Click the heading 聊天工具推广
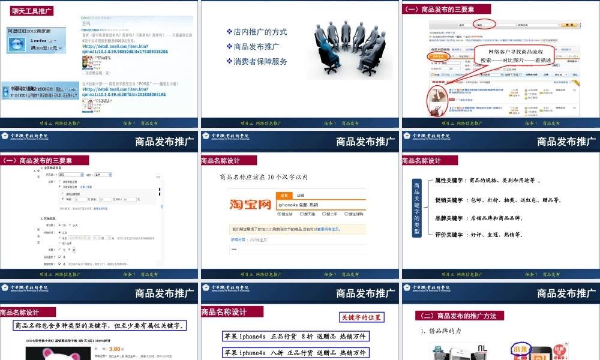32,11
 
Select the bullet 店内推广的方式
260,32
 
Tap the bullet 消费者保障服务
260,61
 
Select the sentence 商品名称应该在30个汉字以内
263,177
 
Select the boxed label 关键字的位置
361,317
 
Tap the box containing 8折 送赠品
295,337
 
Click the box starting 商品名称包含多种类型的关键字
100,326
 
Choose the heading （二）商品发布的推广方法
460,316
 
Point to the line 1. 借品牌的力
441,331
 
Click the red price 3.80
117,348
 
